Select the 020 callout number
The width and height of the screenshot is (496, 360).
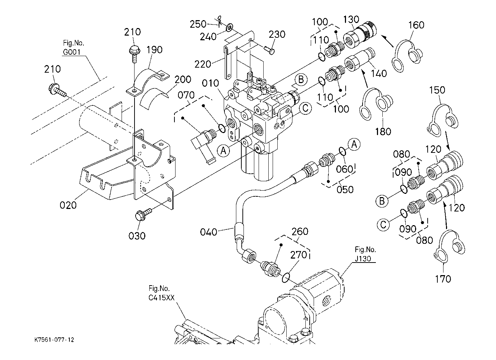pos(68,205)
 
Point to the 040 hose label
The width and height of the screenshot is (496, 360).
pos(209,232)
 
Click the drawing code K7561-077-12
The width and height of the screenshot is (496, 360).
pos(54,340)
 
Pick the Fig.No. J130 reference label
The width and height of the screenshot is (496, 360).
pos(365,254)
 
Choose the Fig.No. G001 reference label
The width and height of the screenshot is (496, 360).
pos(73,47)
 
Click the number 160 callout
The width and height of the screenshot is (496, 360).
pos(416,25)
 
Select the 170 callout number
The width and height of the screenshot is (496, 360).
pos(443,278)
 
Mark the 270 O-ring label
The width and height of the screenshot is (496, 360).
pos(299,255)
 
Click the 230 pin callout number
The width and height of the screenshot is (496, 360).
pos(277,35)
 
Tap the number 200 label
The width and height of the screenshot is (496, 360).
pos(183,79)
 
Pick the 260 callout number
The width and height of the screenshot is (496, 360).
pos(300,232)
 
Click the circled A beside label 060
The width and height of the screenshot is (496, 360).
pos(354,145)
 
